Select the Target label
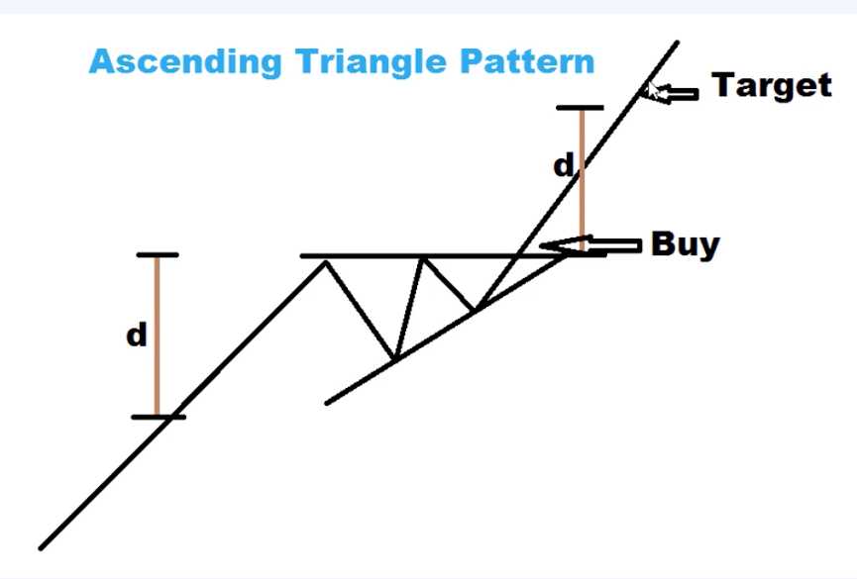[772, 85]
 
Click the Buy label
[685, 242]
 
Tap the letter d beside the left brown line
[137, 336]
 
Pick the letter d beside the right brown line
[563, 166]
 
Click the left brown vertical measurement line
[157, 336]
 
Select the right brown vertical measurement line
[581, 178]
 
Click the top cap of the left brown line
[157, 255]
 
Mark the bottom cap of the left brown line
[158, 417]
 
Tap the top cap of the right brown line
[580, 108]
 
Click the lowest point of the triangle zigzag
[394, 358]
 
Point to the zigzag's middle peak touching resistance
[423, 257]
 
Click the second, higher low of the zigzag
[476, 310]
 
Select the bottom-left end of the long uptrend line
[42, 546]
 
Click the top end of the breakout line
[678, 43]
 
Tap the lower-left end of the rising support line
[328, 402]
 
